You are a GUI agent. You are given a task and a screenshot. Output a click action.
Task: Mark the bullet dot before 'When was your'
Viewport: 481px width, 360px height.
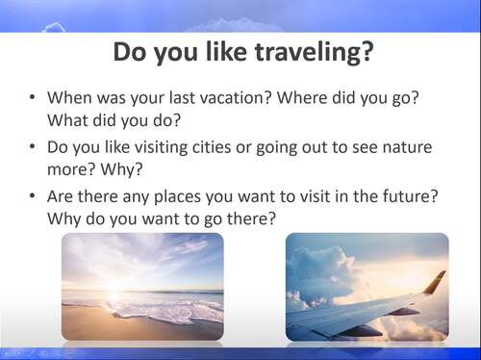pos(33,98)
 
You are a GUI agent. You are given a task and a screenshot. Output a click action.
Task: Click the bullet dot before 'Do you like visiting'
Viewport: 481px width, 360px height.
pos(33,147)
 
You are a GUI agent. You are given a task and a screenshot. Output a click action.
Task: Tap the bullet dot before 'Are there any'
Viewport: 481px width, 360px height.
pos(33,196)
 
